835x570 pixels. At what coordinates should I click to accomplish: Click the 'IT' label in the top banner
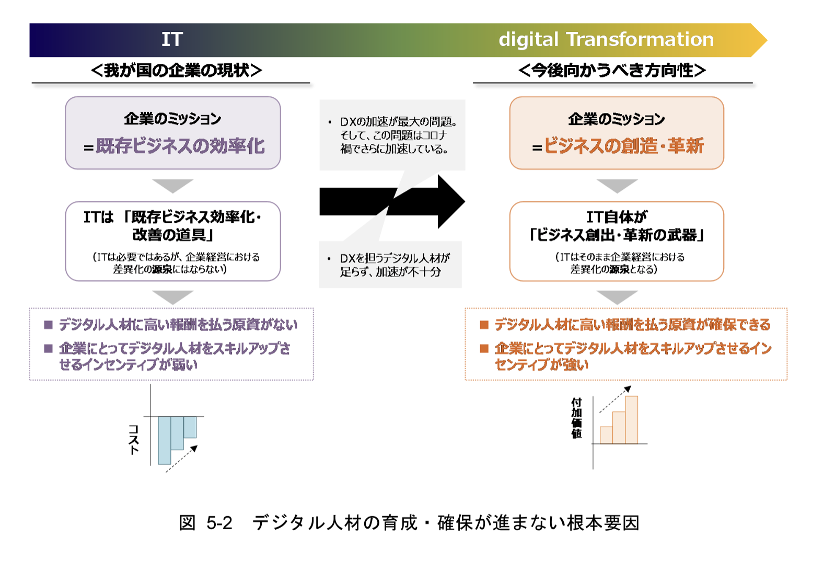pyautogui.click(x=172, y=40)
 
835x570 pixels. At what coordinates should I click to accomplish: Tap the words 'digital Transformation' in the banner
pyautogui.click(x=606, y=40)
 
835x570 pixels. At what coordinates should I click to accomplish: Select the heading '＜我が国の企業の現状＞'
pyautogui.click(x=176, y=70)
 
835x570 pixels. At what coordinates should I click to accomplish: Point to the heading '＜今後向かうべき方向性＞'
pyautogui.click(x=612, y=70)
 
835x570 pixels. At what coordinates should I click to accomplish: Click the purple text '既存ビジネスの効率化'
pyautogui.click(x=180, y=146)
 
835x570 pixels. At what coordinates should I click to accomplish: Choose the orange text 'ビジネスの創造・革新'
pyautogui.click(x=624, y=146)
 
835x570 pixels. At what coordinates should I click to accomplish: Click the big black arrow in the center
pyautogui.click(x=392, y=202)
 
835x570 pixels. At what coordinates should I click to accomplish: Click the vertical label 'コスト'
pyautogui.click(x=134, y=440)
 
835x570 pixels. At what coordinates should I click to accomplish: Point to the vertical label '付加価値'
pyautogui.click(x=576, y=418)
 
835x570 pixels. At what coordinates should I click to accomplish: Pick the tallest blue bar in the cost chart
pyautogui.click(x=164, y=440)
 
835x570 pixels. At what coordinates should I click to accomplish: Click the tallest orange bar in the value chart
pyautogui.click(x=631, y=420)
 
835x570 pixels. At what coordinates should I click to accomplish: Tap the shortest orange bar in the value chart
pyautogui.click(x=606, y=435)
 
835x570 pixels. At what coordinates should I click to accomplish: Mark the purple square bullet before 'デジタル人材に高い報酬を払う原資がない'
pyautogui.click(x=49, y=325)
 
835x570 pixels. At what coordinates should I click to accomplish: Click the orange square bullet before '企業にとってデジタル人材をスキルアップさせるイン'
pyautogui.click(x=484, y=348)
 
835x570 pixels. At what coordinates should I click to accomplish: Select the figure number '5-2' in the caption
pyautogui.click(x=219, y=523)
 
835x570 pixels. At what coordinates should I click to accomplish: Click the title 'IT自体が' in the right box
pyautogui.click(x=617, y=216)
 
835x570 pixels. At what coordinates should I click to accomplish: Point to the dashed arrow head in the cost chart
pyautogui.click(x=194, y=449)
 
